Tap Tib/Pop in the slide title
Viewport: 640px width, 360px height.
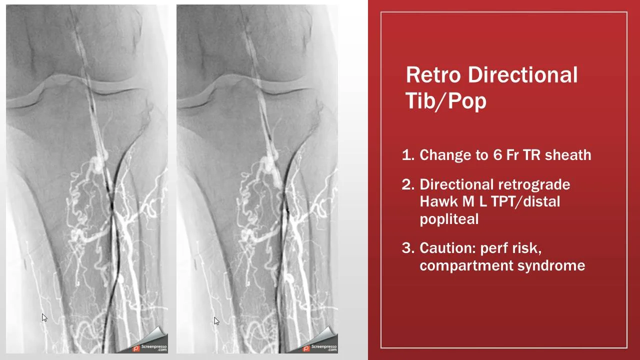(x=445, y=101)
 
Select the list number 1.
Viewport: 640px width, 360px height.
(x=407, y=155)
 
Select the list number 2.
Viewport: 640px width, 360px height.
(x=407, y=184)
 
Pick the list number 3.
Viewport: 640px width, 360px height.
(x=407, y=248)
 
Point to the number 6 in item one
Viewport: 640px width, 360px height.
(x=497, y=155)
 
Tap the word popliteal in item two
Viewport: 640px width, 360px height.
(x=449, y=219)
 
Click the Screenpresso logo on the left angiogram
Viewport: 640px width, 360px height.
(x=149, y=347)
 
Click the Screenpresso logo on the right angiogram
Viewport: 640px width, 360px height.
(x=320, y=347)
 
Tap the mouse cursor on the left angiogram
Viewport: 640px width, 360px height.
(x=43, y=317)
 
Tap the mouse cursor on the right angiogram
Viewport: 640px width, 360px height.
(x=216, y=320)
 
